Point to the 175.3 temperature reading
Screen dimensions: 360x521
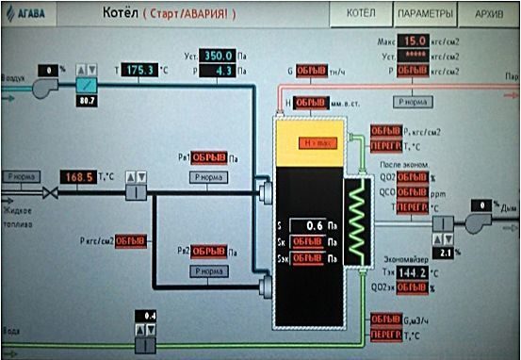pyautogui.click(x=146, y=70)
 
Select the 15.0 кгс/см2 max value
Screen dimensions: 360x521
pyautogui.click(x=415, y=41)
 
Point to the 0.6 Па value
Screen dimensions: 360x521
pyautogui.click(x=312, y=225)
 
